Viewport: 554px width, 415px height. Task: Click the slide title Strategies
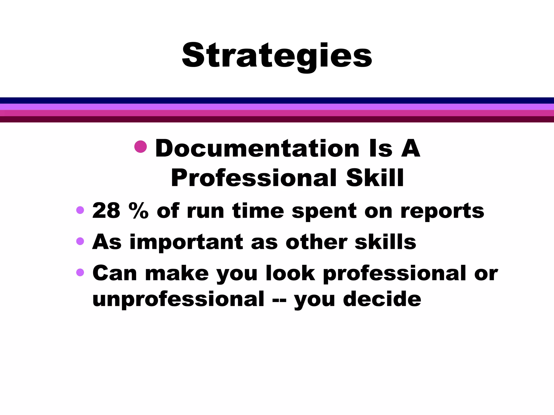point(277,56)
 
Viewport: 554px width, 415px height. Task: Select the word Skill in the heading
point(375,178)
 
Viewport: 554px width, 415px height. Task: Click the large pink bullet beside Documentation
point(140,147)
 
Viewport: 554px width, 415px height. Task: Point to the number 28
point(106,211)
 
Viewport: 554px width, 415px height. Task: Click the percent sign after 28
point(138,211)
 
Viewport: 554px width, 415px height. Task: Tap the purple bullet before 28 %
point(80,210)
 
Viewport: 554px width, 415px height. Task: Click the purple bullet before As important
point(80,241)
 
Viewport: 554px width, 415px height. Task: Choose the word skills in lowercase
point(385,242)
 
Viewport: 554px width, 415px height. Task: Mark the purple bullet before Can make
point(80,272)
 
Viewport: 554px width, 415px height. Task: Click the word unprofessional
point(178,299)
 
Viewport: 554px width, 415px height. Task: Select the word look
point(291,273)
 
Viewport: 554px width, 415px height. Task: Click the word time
point(258,211)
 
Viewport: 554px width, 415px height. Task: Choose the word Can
point(115,273)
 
